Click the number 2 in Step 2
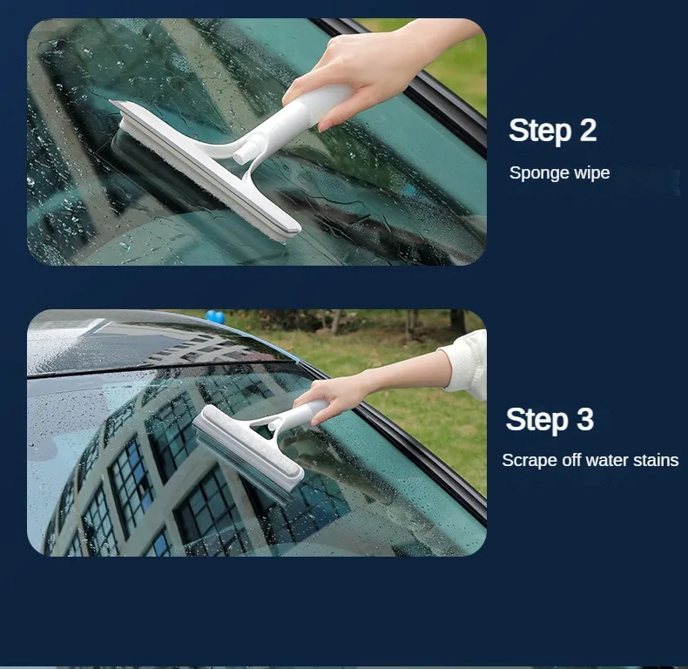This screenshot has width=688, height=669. (x=587, y=131)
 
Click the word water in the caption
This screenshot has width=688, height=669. (x=605, y=460)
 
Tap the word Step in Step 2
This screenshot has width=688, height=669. (x=540, y=131)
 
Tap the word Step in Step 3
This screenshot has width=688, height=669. (x=537, y=420)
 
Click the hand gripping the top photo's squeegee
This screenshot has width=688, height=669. (x=366, y=70)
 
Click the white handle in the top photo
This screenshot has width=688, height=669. (x=300, y=118)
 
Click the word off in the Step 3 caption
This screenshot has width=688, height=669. (x=567, y=460)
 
